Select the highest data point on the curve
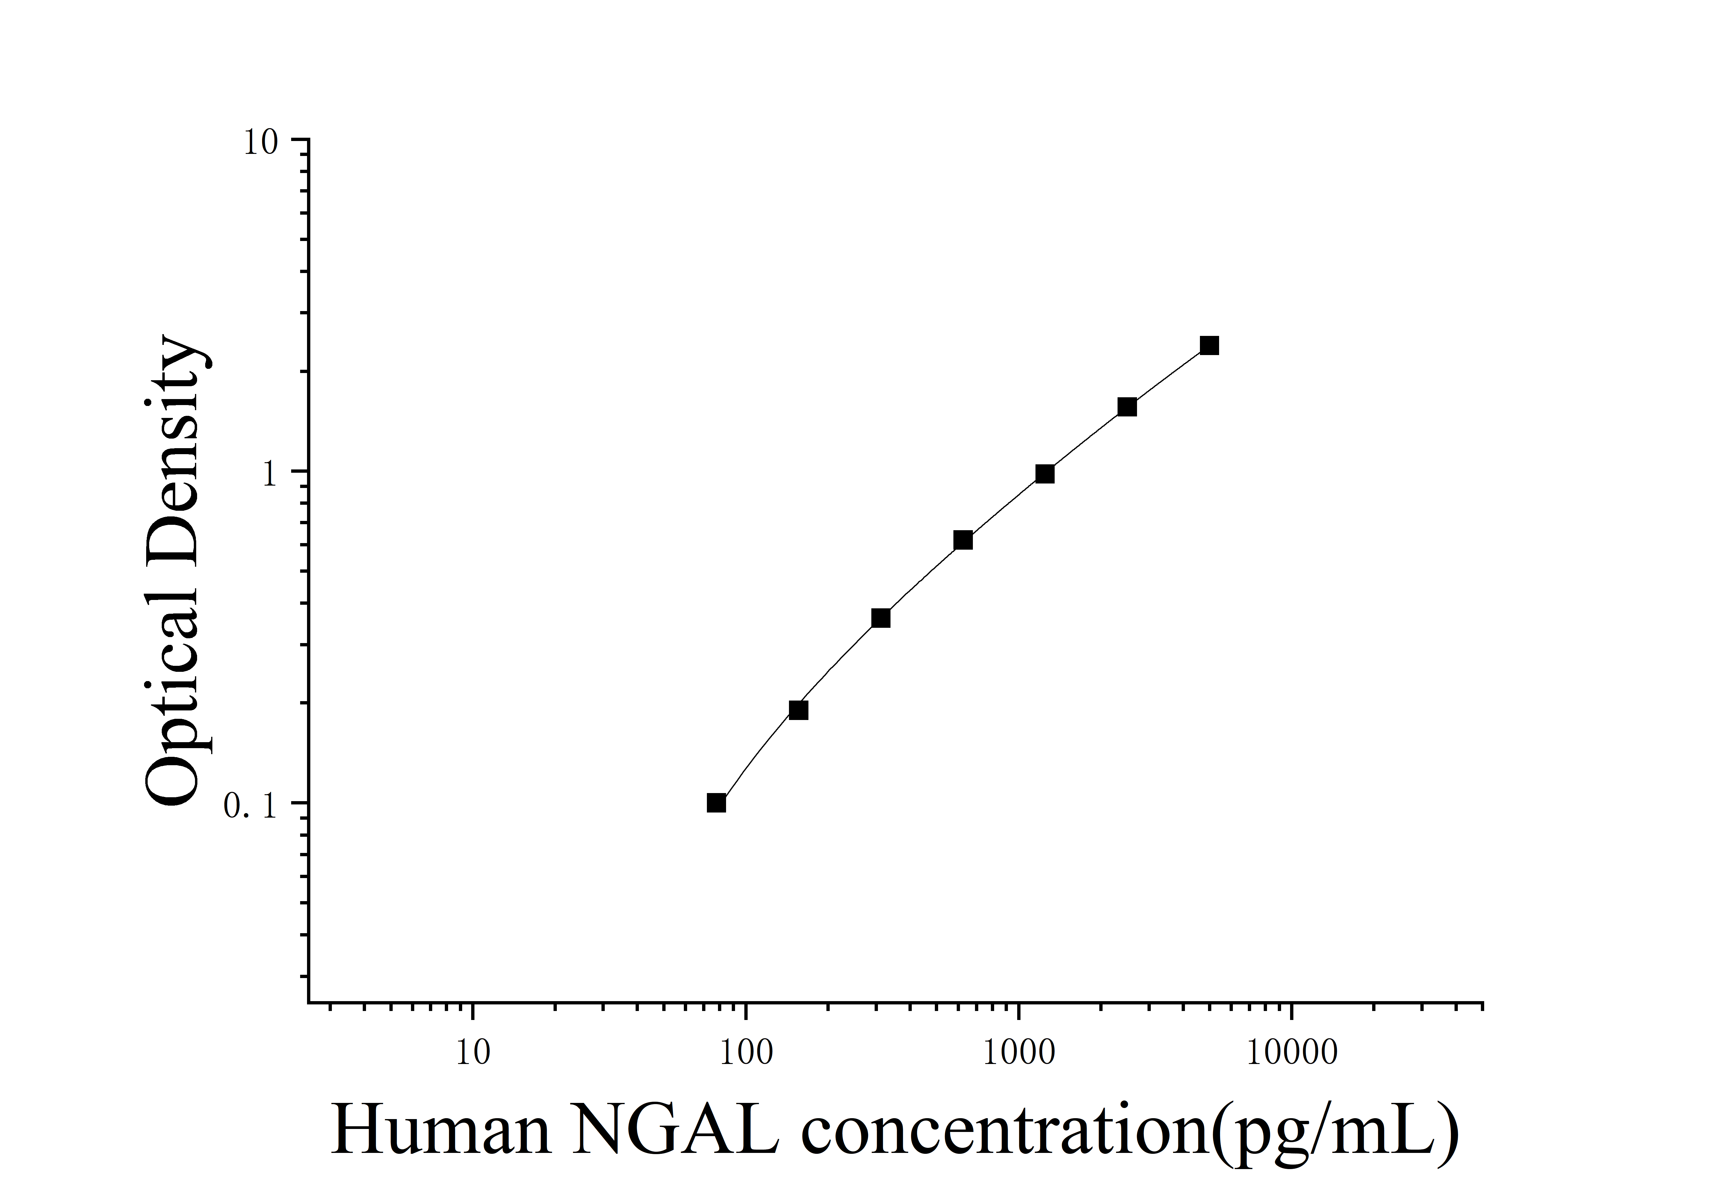click(1209, 346)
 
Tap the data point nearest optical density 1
click(1045, 474)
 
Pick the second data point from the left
click(799, 710)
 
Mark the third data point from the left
click(881, 618)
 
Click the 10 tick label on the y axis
click(259, 143)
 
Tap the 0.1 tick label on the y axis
click(251, 806)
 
